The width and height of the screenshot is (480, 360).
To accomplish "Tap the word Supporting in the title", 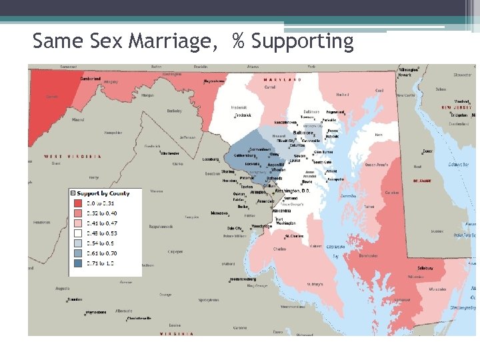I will (302, 41).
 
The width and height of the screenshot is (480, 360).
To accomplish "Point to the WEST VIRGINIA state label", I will (73, 157).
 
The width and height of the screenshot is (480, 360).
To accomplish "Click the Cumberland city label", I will (91, 79).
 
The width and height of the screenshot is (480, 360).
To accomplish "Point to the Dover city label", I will (427, 151).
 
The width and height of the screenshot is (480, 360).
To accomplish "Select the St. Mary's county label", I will (314, 284).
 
